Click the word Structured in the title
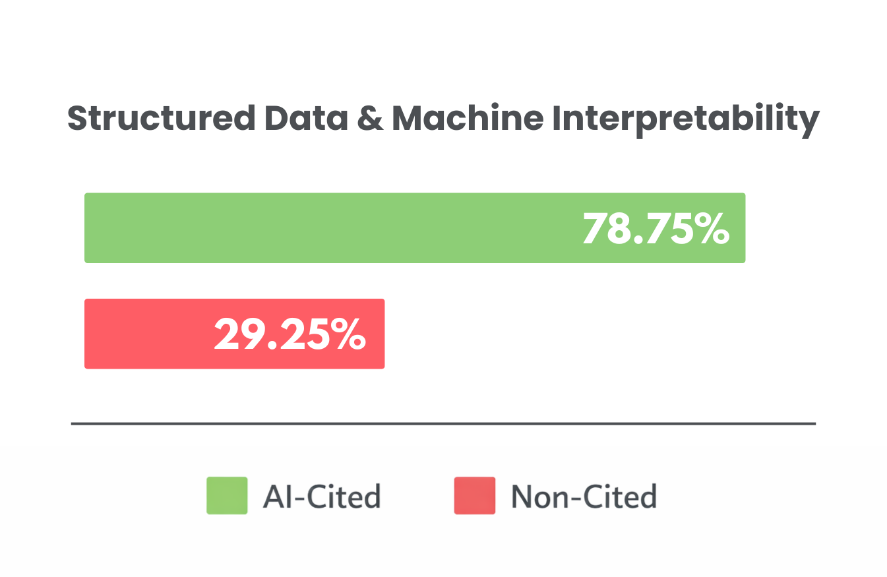click(162, 119)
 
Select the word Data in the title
click(306, 119)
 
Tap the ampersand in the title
click(373, 119)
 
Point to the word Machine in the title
click(468, 119)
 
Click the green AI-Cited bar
click(330, 228)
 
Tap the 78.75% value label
click(656, 229)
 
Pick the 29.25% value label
click(290, 334)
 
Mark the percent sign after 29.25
click(347, 334)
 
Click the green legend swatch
click(227, 495)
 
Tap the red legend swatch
click(474, 495)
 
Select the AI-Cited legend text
click(322, 496)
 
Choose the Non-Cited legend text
click(584, 496)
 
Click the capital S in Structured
click(78, 119)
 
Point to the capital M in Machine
click(408, 119)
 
